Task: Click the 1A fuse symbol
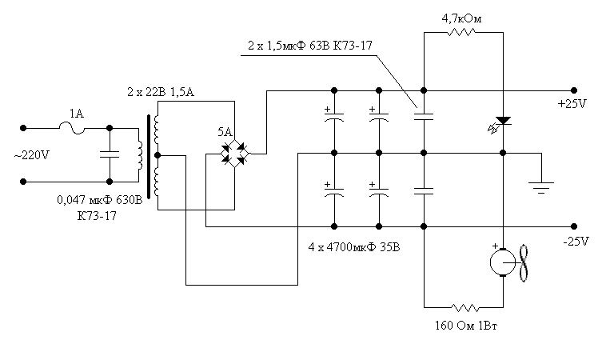click(x=77, y=126)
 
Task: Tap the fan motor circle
click(x=502, y=262)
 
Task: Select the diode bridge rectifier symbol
click(x=234, y=151)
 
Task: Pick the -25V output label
click(x=575, y=241)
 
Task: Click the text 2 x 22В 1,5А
click(x=160, y=94)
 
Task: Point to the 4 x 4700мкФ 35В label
click(x=355, y=247)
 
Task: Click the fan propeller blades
click(x=524, y=262)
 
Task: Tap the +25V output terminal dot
click(x=573, y=90)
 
